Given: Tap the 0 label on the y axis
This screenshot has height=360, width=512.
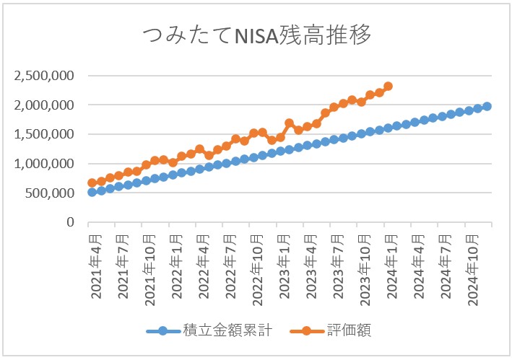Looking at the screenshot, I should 70,223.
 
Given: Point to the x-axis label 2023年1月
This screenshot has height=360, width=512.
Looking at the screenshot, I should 283,264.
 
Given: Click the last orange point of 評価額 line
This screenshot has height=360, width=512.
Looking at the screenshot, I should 388,86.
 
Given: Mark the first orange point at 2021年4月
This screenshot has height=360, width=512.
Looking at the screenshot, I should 92,183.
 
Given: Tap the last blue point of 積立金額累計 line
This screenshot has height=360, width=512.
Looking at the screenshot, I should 487,106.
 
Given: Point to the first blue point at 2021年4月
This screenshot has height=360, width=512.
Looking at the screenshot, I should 92,192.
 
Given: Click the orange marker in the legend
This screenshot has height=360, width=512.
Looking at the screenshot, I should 308,331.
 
